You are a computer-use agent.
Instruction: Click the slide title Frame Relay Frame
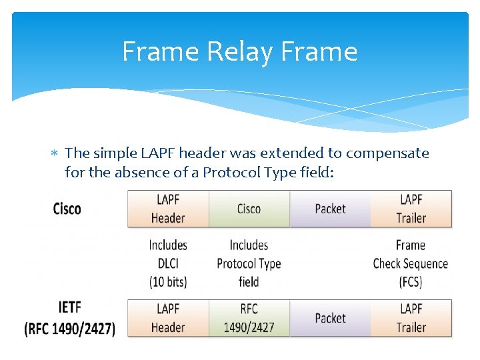[239, 51]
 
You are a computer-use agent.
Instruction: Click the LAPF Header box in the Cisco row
[168, 209]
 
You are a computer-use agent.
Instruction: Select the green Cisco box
[249, 209]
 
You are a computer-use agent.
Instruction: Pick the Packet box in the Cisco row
[330, 209]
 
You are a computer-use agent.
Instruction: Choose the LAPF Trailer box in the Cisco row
[411, 209]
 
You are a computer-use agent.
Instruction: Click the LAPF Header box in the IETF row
[168, 318]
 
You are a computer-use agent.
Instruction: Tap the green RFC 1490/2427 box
[249, 318]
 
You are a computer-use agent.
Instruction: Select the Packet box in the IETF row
[330, 318]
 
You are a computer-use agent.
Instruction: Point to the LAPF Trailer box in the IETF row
[411, 318]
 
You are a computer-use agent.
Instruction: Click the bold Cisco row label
[67, 209]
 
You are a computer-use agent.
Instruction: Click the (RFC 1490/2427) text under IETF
[70, 328]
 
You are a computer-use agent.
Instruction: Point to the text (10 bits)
[168, 282]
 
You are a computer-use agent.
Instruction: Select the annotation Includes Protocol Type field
[249, 263]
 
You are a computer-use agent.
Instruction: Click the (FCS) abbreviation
[411, 282]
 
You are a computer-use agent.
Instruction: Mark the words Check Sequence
[411, 263]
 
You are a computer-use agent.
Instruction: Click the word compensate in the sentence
[387, 154]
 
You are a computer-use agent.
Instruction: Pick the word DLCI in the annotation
[168, 263]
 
